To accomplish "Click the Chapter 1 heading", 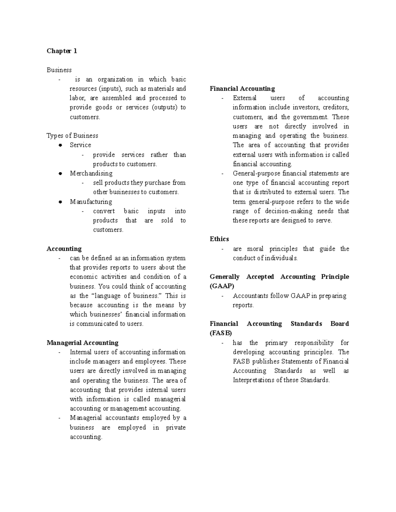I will (62, 51).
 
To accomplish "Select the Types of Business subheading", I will (72, 136).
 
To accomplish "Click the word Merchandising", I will (91, 173).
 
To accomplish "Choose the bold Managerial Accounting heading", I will (82, 343).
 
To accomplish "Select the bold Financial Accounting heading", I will (242, 89).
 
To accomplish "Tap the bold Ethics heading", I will (219, 239).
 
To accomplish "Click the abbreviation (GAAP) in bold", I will (222, 286).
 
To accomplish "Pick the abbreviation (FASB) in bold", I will (221, 333).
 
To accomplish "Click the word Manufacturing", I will (91, 202).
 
